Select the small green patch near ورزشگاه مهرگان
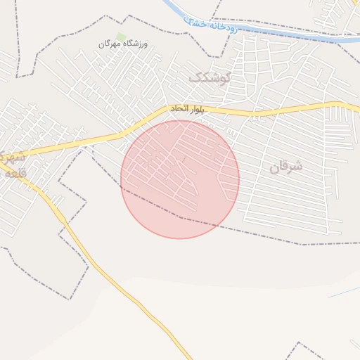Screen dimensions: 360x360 coord(121,37)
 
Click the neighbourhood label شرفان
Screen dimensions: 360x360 coord(285,167)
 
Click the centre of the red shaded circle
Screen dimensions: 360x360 coord(180,179)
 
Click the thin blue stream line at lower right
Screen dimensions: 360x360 coord(345,290)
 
